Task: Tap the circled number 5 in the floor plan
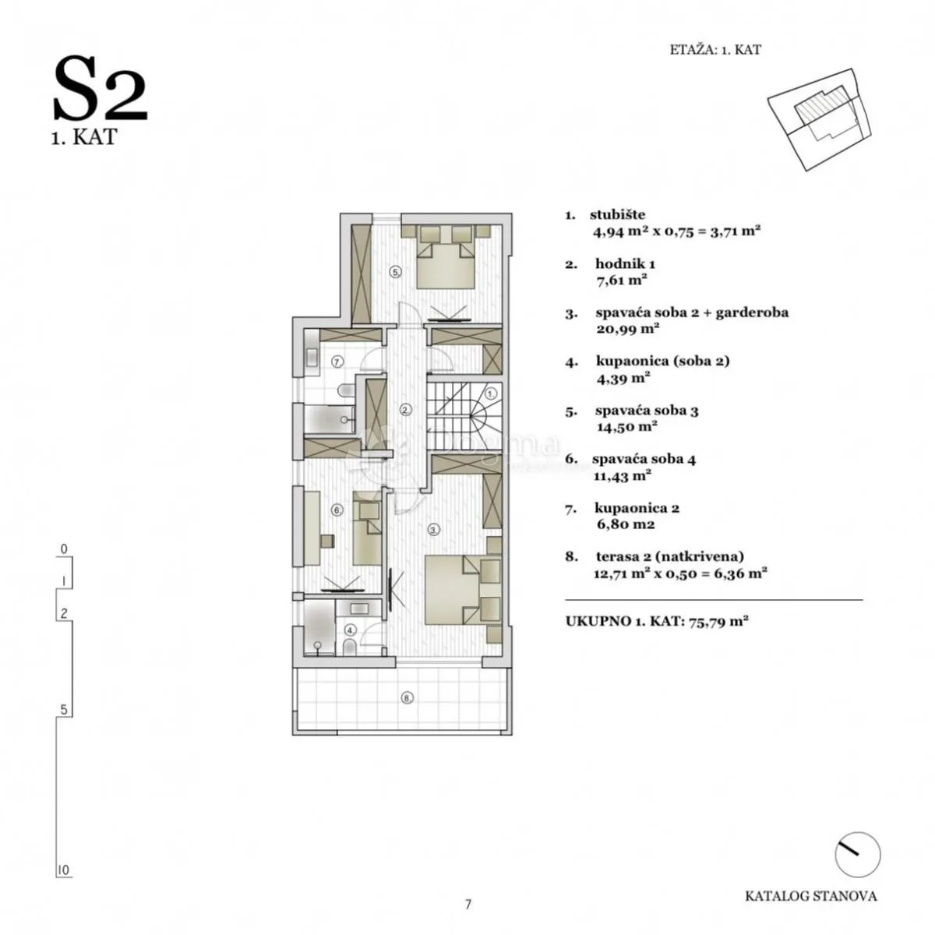click(396, 272)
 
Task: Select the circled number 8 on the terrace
click(406, 698)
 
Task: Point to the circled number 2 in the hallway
click(406, 410)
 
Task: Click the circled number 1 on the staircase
click(491, 393)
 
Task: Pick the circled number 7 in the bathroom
click(337, 362)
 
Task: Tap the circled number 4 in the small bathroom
click(351, 630)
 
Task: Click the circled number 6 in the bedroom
click(337, 510)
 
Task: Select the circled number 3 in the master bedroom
click(434, 530)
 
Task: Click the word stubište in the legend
click(617, 214)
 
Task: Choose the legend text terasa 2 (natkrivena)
click(669, 556)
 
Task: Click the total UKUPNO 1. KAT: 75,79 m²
click(657, 621)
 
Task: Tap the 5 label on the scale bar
click(64, 710)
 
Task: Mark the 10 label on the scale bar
click(64, 870)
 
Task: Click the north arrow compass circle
click(857, 856)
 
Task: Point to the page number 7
click(467, 905)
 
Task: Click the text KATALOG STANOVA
click(811, 896)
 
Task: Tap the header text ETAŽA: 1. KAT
click(715, 50)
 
